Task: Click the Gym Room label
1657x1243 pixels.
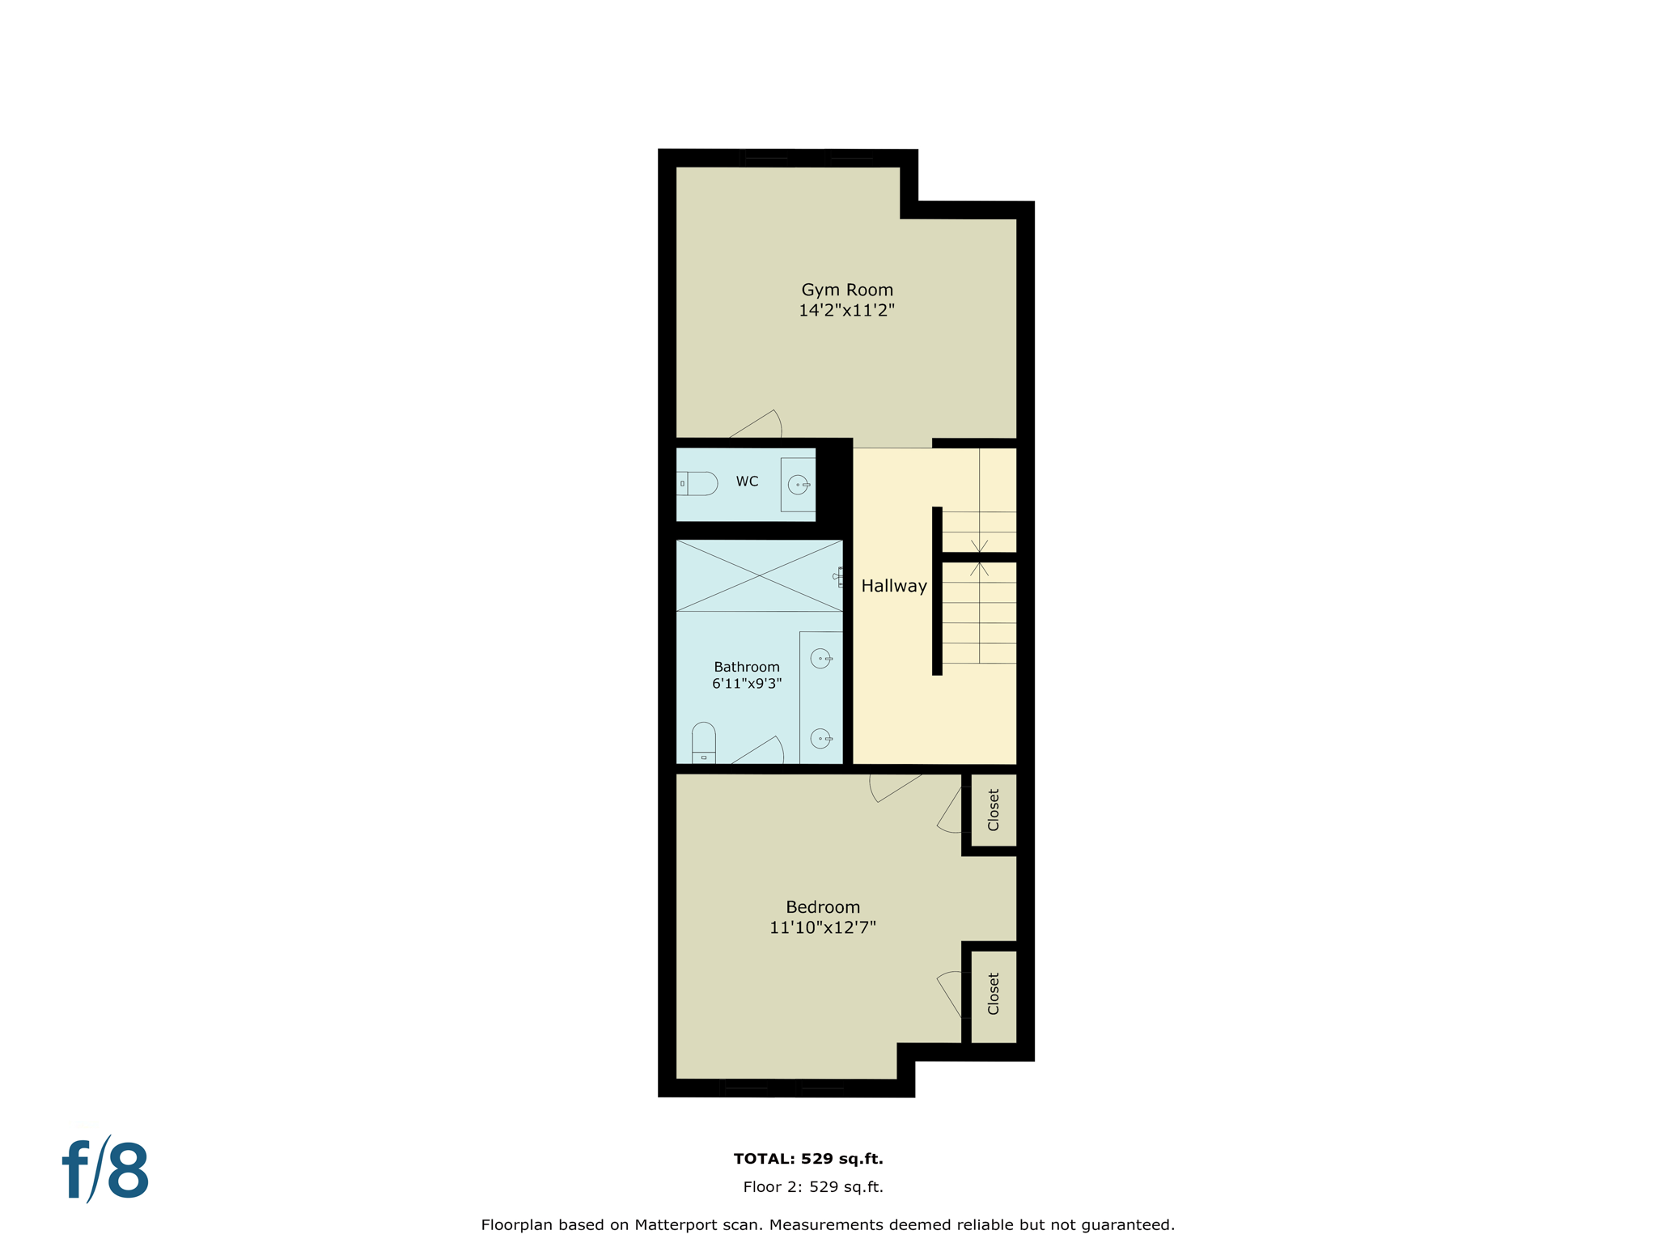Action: [x=847, y=290]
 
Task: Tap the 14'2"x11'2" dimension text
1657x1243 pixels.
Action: [x=846, y=311]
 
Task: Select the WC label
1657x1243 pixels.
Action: [x=747, y=482]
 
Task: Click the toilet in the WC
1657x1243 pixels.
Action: [x=698, y=484]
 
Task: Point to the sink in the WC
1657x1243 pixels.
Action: [x=799, y=485]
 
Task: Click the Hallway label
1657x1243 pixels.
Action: [x=893, y=586]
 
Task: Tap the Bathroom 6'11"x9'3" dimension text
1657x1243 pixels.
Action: [x=746, y=684]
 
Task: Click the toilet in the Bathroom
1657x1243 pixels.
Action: [x=704, y=743]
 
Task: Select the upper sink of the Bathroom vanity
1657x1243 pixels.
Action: [x=820, y=659]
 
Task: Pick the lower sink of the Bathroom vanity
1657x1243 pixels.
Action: [x=820, y=738]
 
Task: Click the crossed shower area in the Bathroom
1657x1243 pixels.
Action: [x=759, y=575]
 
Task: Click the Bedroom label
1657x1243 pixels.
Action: [x=823, y=907]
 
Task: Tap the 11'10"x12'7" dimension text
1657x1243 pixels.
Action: [x=822, y=928]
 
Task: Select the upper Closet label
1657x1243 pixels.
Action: [x=994, y=810]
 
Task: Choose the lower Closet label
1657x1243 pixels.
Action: [x=994, y=994]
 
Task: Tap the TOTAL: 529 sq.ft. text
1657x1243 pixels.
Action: [x=808, y=1159]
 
